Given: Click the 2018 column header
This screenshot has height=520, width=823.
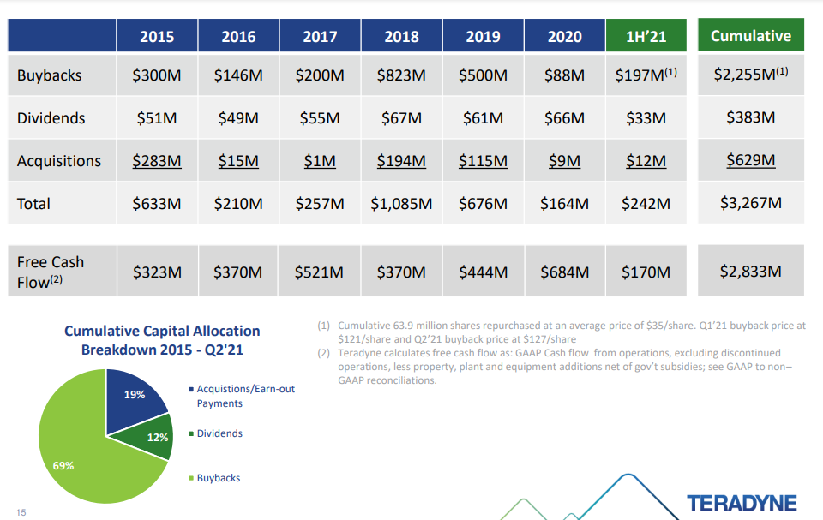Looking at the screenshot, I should [x=401, y=36].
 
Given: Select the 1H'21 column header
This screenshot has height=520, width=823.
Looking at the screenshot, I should [x=646, y=36].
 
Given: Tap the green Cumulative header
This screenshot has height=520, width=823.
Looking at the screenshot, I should [x=750, y=36].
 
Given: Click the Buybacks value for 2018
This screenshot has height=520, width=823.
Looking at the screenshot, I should [x=401, y=75].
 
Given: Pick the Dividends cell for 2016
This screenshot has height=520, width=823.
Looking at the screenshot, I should [x=238, y=118].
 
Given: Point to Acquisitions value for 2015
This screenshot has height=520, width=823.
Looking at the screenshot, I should [x=157, y=161].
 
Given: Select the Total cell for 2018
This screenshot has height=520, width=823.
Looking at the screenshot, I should [x=401, y=204].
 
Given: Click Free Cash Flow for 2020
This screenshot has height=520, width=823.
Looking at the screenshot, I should [x=564, y=272].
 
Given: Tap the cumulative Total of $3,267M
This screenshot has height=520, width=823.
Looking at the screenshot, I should [x=750, y=204].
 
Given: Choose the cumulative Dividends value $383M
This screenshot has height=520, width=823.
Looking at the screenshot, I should [x=750, y=118].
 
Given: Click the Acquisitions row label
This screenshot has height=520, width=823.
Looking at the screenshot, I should [x=59, y=161].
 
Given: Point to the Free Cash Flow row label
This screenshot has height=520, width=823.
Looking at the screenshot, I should [x=51, y=272].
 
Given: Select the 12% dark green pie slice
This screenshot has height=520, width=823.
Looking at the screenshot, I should [x=153, y=435].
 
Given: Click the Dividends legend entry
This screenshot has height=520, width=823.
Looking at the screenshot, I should [x=219, y=433].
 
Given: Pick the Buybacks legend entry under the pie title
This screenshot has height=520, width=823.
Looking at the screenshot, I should [x=218, y=478].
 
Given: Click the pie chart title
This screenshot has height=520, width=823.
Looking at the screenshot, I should [x=162, y=340].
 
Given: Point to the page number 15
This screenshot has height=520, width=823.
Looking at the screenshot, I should [x=21, y=511].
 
